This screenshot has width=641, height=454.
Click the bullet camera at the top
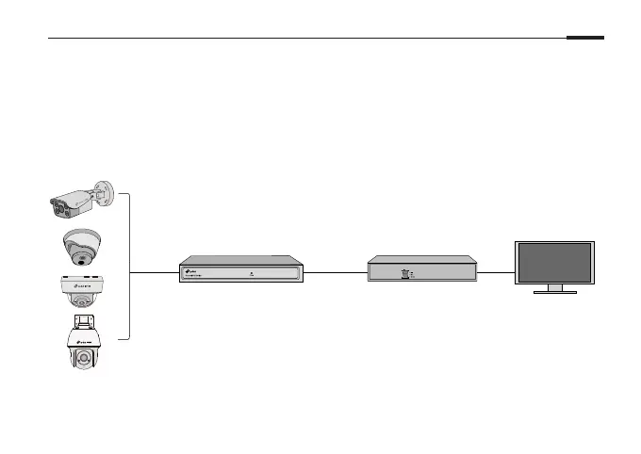[79, 201]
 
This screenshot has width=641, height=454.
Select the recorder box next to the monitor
[423, 268]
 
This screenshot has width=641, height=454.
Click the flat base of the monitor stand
[555, 292]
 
